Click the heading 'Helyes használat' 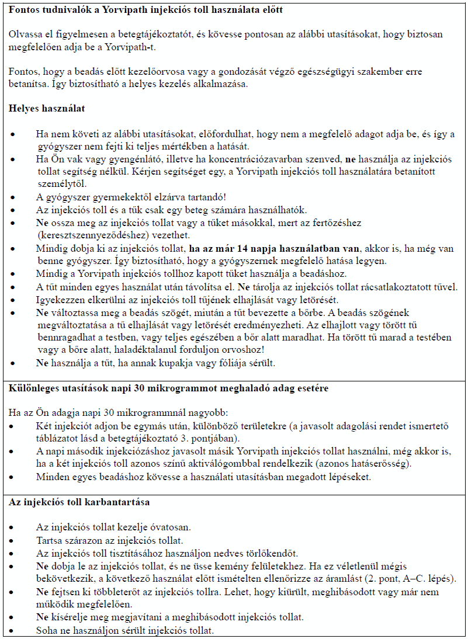[x=47, y=108]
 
